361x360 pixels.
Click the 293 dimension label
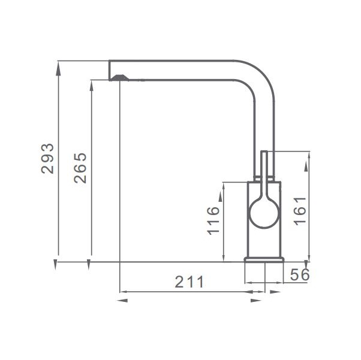click(47, 159)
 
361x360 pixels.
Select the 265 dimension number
click(80, 168)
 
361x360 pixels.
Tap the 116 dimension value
click(213, 221)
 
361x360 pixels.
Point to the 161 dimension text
click(300, 211)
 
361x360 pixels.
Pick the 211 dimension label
click(189, 282)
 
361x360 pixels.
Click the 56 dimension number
click(300, 274)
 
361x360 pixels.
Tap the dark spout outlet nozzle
click(119, 78)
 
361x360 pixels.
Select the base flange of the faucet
click(264, 259)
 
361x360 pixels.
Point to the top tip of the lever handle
click(264, 151)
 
